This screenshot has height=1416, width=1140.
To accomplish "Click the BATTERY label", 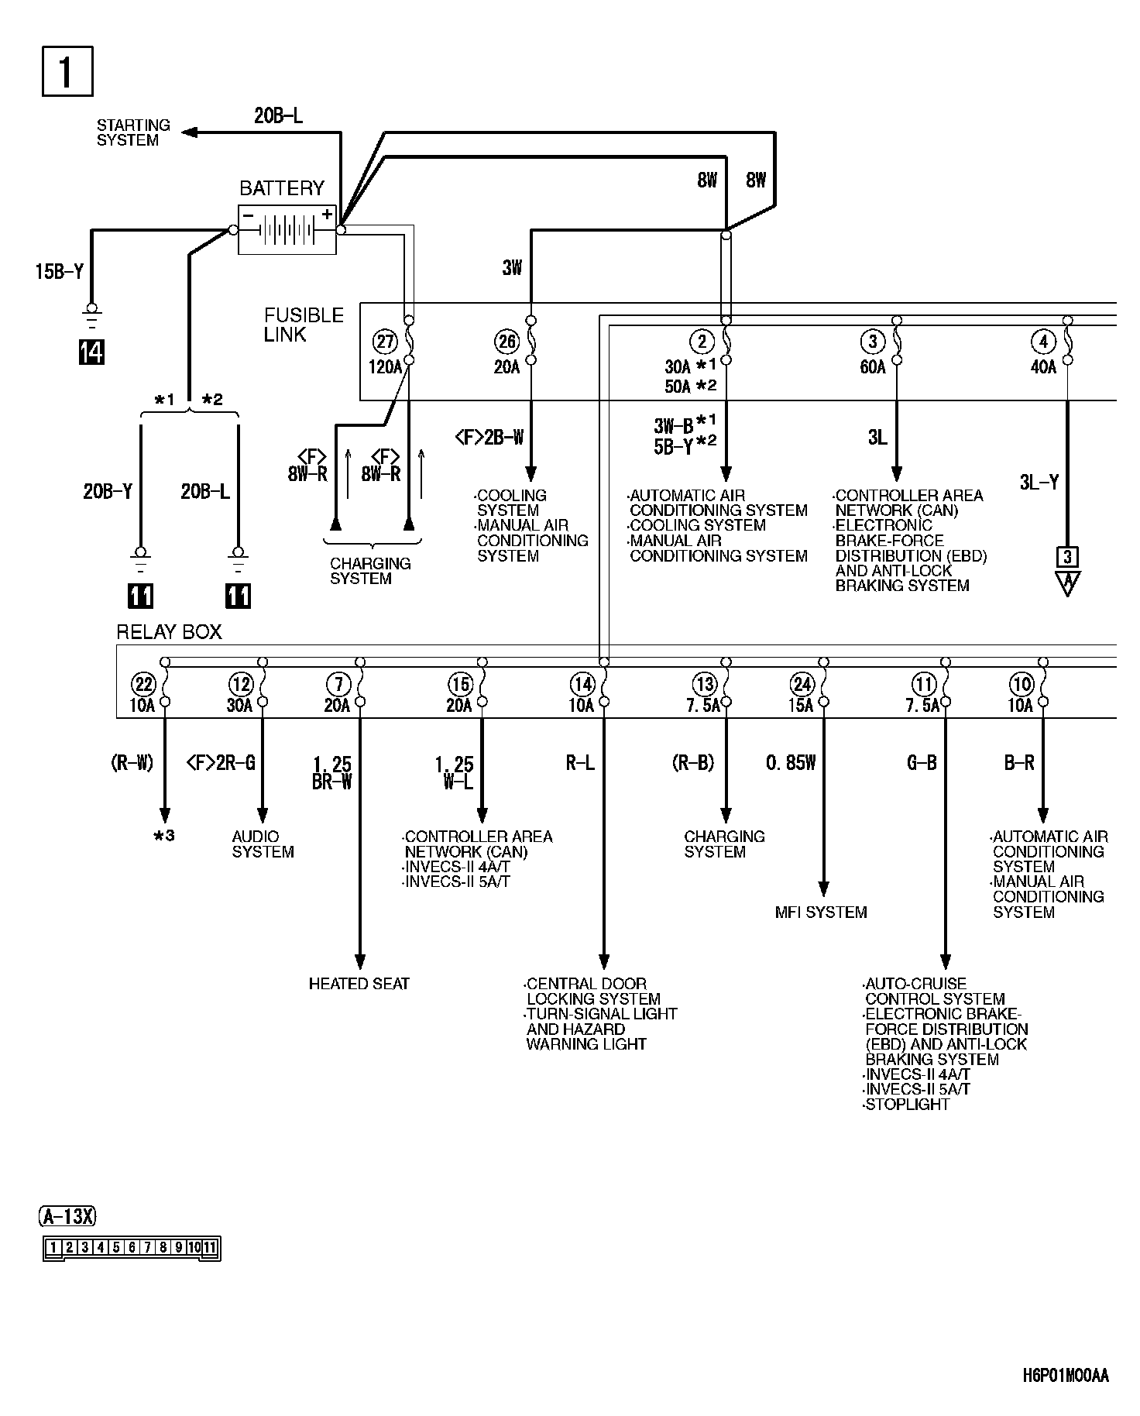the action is coord(282,188).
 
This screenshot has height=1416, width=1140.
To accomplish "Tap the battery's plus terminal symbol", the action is coord(327,215).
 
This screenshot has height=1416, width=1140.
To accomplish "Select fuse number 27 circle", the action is coord(384,341).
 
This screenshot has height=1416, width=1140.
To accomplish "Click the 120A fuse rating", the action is coord(385,367).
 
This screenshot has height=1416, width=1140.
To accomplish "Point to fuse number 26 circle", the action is coord(506,341).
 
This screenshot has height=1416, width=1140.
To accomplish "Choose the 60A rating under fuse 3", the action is coord(873,367).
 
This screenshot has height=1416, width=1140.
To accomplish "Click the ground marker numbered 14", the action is coord(91,352).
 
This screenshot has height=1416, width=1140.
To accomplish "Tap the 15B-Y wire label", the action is coord(60,272).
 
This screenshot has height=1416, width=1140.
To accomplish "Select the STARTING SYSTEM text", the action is coord(133,132).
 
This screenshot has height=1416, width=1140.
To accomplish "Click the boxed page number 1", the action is coord(67,71).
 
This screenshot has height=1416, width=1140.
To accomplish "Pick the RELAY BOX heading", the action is coord(169,632).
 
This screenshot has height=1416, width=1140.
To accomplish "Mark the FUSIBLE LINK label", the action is coord(304,325).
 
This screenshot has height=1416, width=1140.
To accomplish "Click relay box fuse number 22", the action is coord(144,684).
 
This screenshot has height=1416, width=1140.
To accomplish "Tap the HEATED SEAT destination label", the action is coord(359,984).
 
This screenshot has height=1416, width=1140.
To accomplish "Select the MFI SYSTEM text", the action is coord(821,912).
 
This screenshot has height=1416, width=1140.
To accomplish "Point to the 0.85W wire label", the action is coord(791,764).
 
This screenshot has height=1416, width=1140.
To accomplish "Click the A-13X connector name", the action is coord(67,1217).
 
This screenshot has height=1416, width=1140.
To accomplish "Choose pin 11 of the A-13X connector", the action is coord(210,1247).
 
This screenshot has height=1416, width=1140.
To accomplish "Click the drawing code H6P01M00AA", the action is coord(1066,1376).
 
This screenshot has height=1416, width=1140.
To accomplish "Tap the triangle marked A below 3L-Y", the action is coord(1067,583).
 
